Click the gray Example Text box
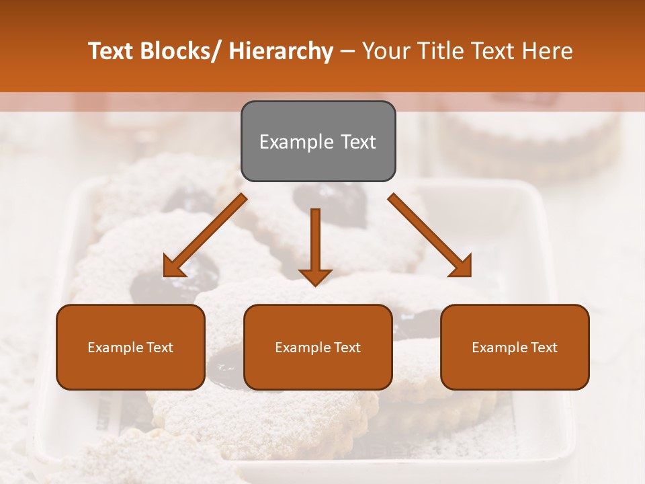pos(318,141)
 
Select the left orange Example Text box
pos(130,347)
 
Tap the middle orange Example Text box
pos(318,347)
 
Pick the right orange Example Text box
pos(515,347)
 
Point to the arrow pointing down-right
pos(430,235)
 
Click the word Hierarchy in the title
pos(281,51)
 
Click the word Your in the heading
pos(386,51)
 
